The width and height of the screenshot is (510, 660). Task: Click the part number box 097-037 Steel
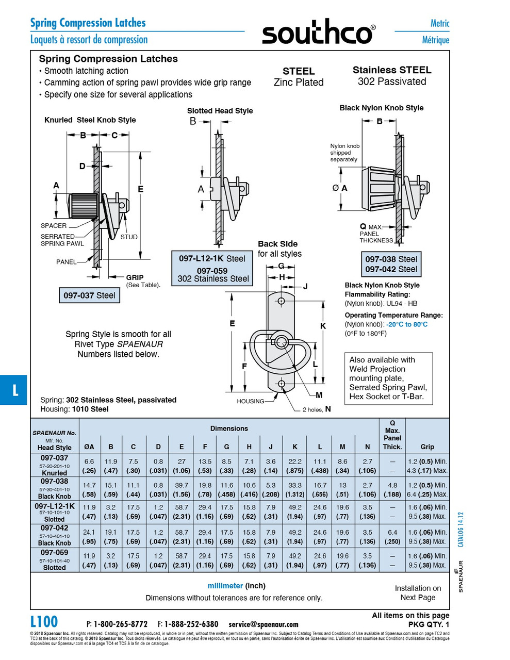(x=89, y=295)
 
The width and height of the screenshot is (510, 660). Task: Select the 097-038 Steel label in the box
(x=391, y=259)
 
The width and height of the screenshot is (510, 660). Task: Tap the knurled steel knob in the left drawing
(x=82, y=207)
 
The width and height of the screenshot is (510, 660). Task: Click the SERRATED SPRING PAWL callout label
(x=62, y=240)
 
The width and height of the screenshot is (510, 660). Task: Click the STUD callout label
(x=129, y=237)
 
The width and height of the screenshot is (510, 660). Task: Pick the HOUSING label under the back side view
(x=250, y=401)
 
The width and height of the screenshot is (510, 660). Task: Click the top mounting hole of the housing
(x=282, y=301)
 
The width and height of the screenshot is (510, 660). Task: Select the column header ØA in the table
(x=89, y=447)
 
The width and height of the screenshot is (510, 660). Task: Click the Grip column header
(x=427, y=447)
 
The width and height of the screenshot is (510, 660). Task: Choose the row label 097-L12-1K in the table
(x=55, y=506)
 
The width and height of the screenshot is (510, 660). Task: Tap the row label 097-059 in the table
(x=55, y=552)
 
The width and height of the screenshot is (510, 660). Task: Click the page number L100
(x=44, y=621)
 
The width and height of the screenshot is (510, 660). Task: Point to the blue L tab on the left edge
(x=14, y=390)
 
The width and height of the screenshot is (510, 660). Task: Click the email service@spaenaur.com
(x=264, y=624)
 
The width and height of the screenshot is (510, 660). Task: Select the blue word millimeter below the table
(x=225, y=586)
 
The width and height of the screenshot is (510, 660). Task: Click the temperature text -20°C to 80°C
(x=407, y=324)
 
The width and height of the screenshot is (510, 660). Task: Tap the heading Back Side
(x=277, y=244)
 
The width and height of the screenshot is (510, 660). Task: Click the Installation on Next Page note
(x=418, y=592)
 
